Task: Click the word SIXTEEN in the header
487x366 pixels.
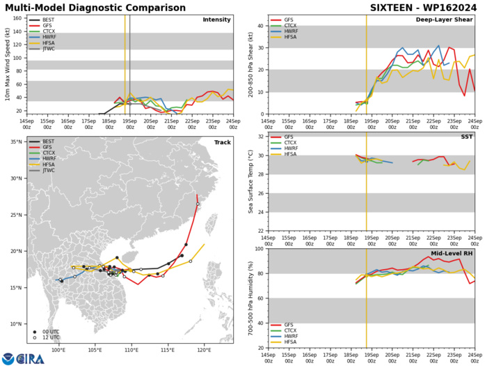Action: pos(391,6)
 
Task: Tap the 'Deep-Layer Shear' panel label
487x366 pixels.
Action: pos(446,20)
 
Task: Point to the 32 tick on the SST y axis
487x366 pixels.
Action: pos(260,155)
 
